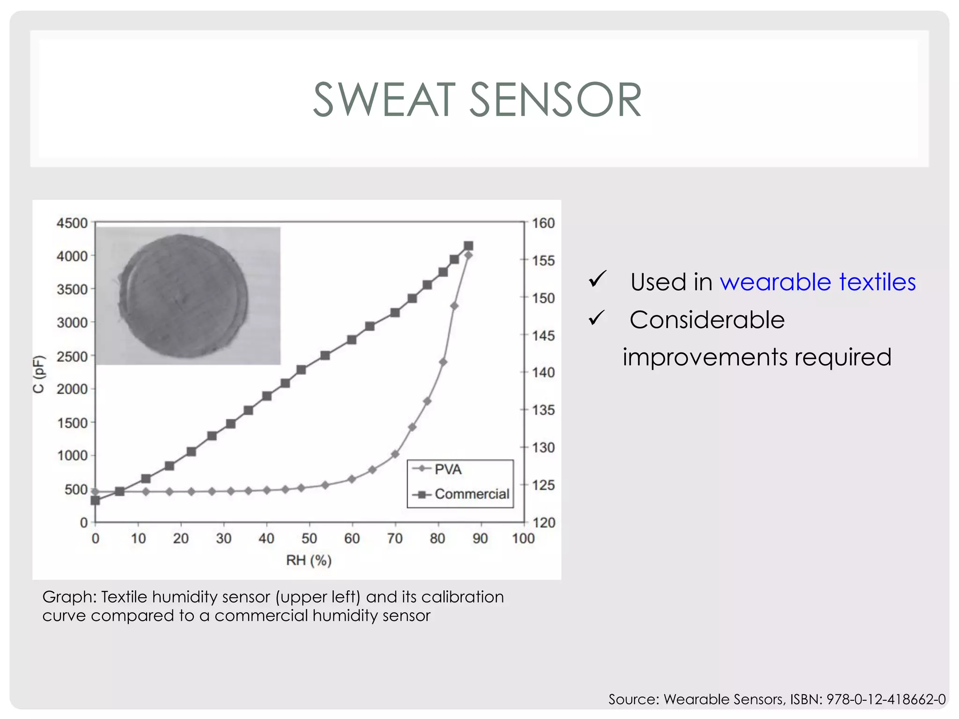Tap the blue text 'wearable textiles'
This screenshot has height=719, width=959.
[x=818, y=282]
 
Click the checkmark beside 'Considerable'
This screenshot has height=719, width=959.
[x=598, y=318]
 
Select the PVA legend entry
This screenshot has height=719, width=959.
[x=448, y=469]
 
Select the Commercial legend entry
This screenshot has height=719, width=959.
[x=471, y=494]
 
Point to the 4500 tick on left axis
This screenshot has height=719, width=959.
[x=72, y=223]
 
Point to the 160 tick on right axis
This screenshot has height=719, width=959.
[x=543, y=223]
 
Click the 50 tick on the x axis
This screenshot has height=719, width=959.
[x=309, y=538]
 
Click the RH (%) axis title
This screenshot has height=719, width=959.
[x=309, y=560]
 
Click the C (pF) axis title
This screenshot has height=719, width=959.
[x=39, y=374]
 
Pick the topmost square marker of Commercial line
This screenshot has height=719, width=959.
[x=468, y=246]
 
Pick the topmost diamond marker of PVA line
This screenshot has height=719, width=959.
[x=468, y=255]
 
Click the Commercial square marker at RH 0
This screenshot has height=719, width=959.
[x=96, y=500]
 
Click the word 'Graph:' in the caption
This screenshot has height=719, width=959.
[x=69, y=597]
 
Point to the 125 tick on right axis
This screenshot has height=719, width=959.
[x=543, y=485]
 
